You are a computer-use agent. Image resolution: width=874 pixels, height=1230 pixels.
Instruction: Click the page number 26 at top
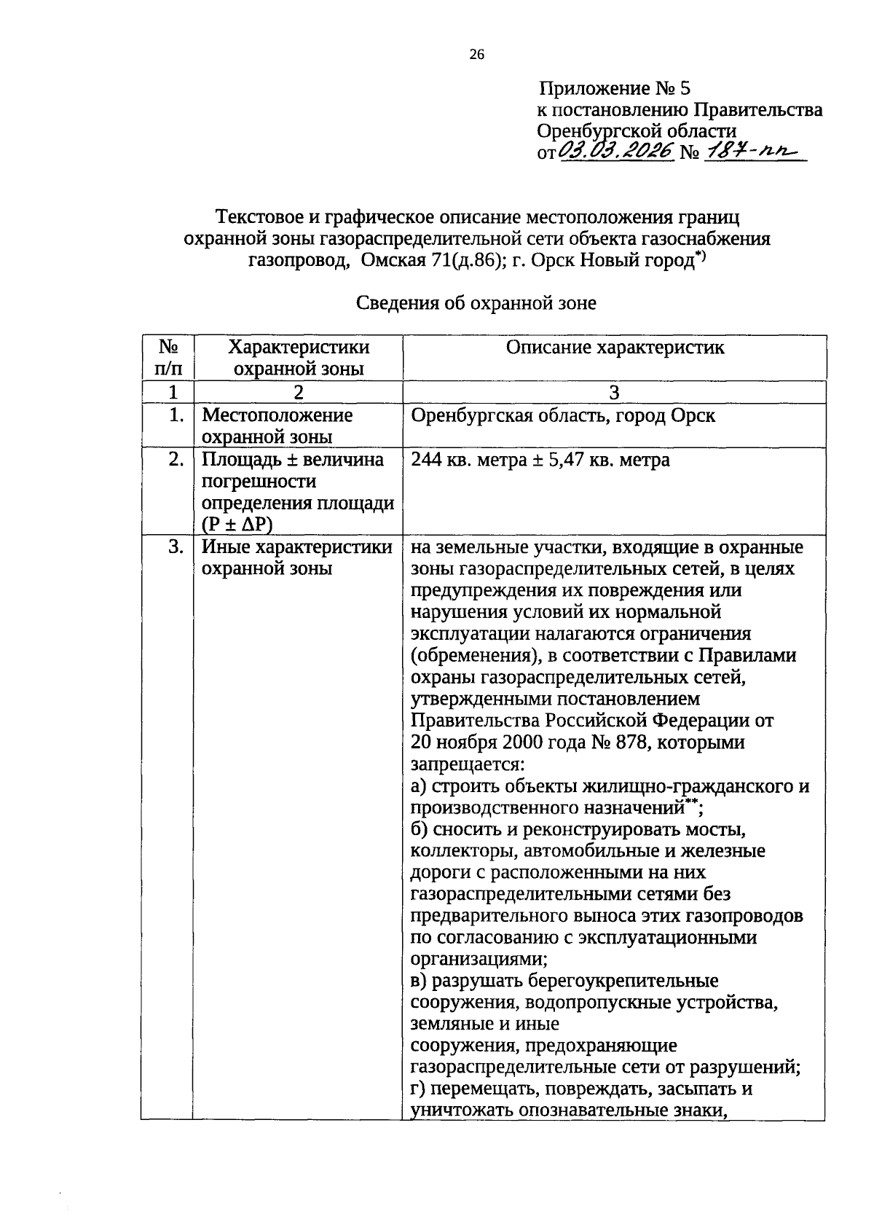click(x=476, y=55)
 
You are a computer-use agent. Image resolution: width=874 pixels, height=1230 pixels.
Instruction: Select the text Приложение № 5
click(x=614, y=89)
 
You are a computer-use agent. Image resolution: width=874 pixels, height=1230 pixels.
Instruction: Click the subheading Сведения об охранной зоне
click(x=476, y=303)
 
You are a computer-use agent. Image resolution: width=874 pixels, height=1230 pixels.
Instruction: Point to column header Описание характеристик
click(x=615, y=348)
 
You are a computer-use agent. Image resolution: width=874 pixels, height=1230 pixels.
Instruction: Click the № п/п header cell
click(x=168, y=358)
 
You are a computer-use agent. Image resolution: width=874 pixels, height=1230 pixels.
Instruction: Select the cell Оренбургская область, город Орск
click(x=563, y=416)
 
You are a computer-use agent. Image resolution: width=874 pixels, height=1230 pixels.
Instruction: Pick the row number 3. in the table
click(x=175, y=547)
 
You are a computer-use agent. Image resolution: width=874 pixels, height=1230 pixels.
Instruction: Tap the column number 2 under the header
click(x=298, y=392)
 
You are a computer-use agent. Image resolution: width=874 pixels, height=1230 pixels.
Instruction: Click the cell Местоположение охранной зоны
click(x=277, y=426)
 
